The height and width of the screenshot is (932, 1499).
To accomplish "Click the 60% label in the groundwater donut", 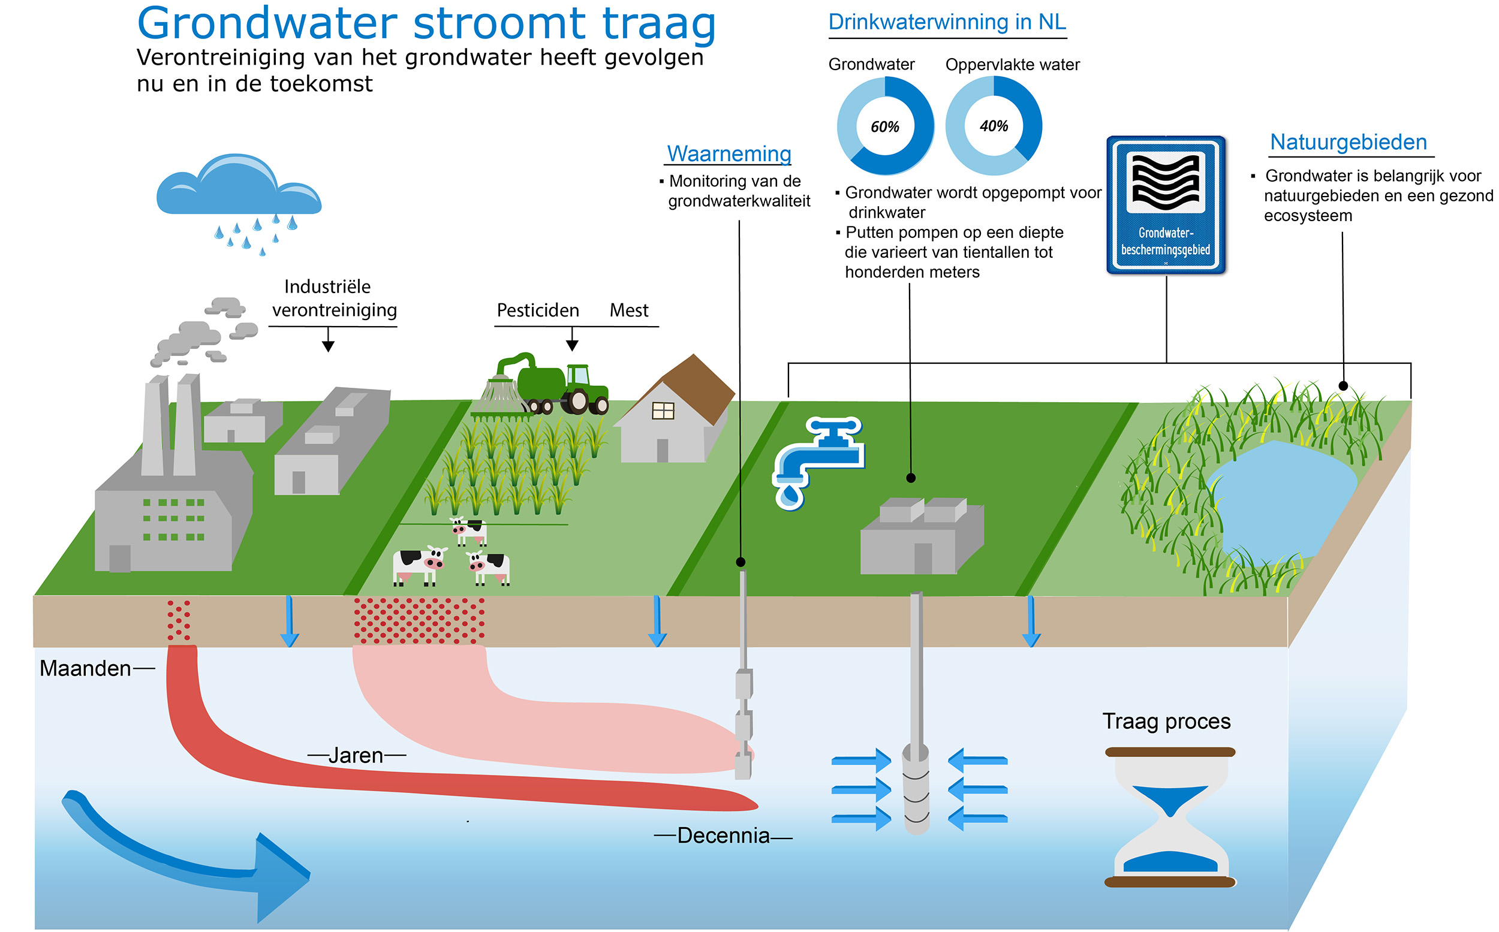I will [x=885, y=126].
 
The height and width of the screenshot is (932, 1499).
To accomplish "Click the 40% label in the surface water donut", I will [x=994, y=126].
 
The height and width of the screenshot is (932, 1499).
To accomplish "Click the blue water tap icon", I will [x=817, y=459].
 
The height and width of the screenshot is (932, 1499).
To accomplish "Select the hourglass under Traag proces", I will [x=1170, y=817].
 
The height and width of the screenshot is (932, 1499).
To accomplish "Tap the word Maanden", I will [x=85, y=668].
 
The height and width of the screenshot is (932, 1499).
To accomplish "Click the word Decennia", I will [x=723, y=836].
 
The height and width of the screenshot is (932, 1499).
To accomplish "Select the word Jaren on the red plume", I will [x=356, y=755].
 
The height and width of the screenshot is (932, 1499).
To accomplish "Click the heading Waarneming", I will [x=729, y=153].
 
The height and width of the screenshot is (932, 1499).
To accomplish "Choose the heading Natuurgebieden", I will [x=1349, y=143].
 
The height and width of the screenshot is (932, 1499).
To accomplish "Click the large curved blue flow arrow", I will [x=185, y=857].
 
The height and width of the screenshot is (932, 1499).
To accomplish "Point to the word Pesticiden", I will [x=538, y=310].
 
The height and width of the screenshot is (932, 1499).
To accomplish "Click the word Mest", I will [x=629, y=310].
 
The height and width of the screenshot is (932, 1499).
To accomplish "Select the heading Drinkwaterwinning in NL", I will [x=947, y=22].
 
